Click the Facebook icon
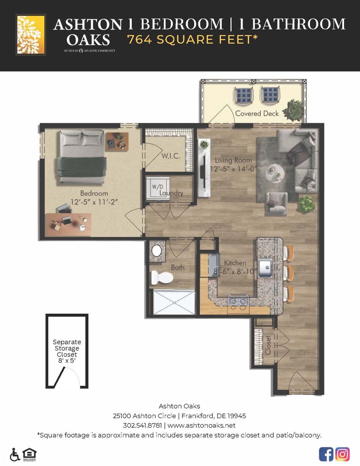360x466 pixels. [x=326, y=454]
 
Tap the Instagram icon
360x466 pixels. [x=342, y=454]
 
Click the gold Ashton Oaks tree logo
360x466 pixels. [x=31, y=35]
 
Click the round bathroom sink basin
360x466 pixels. [x=157, y=251]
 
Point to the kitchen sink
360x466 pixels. [x=265, y=268]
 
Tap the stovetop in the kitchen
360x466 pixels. [x=238, y=301]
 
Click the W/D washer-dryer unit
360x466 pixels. [x=158, y=188]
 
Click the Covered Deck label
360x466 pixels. [x=257, y=113]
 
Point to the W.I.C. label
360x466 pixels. [x=171, y=156]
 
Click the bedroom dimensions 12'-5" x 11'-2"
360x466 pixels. [x=94, y=202]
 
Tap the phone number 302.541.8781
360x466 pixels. [x=142, y=425]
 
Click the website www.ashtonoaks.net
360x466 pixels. [x=202, y=425]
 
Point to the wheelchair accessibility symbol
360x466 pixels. [x=15, y=454]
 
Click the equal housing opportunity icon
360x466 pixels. [x=29, y=454]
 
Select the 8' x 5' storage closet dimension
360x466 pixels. [x=67, y=360]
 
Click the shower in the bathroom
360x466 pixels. [x=174, y=302]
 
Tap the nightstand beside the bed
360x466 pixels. [x=117, y=142]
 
